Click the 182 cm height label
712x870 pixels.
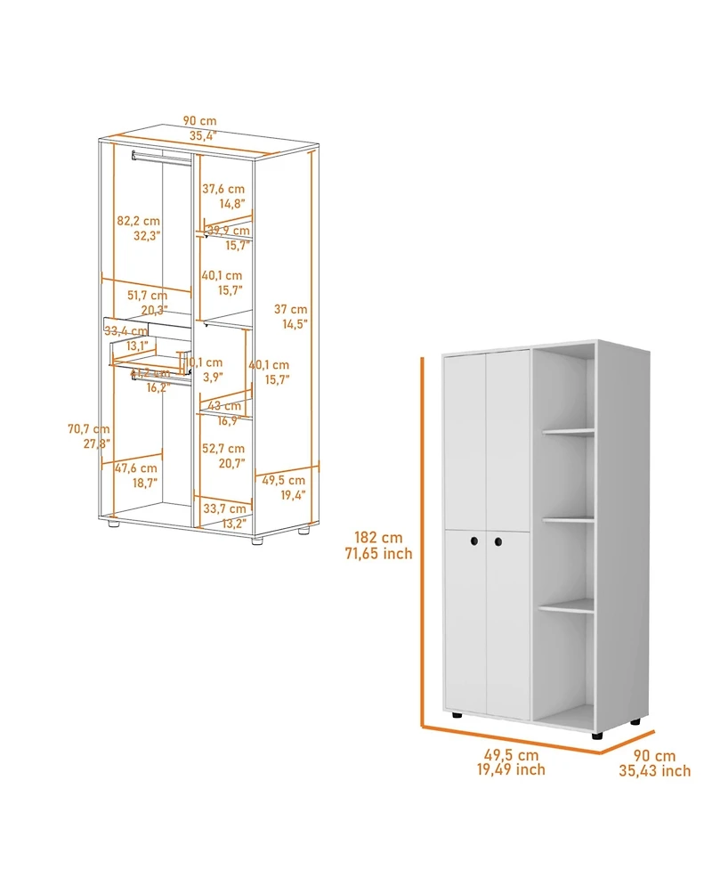378,538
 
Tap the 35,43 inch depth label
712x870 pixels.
654,771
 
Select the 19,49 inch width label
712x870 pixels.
510,769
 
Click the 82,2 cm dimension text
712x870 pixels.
138,221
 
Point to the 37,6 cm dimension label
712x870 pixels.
222,189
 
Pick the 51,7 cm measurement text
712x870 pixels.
147,295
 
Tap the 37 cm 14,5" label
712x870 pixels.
290,309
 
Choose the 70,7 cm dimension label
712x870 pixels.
88,429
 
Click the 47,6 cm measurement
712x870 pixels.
136,468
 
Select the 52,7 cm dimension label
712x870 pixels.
223,448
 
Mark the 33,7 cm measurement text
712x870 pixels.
223,508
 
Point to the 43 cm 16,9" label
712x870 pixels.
223,406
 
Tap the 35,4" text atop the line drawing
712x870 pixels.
202,136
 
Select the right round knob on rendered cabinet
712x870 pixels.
498,541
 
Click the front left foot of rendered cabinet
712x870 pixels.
456,715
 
